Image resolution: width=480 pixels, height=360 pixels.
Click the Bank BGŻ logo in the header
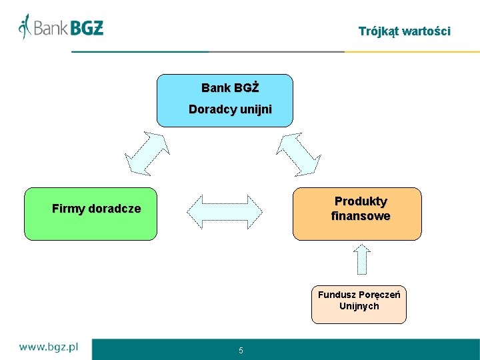coord(61,27)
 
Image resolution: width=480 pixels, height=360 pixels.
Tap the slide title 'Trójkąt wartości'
coord(404,31)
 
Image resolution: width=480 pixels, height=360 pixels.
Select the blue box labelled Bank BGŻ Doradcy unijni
coord(225,100)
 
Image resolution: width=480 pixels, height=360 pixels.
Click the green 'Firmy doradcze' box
coord(91,213)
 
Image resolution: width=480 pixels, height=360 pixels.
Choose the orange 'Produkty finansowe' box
coord(357,213)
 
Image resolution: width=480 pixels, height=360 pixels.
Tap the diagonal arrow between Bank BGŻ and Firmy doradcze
coord(147,153)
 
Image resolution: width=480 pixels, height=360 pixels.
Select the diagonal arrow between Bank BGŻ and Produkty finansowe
coord(299,153)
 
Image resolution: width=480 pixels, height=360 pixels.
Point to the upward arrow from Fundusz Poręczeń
coord(361,259)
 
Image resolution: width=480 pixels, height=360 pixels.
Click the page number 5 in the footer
coord(241,351)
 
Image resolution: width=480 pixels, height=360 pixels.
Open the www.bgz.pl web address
coord(49,347)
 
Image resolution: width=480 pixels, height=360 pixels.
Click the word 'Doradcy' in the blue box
coord(209,109)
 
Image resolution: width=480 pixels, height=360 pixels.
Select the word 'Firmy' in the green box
coord(68,209)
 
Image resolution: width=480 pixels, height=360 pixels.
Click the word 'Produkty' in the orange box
coord(361,201)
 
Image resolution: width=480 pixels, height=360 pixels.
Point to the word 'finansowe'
coord(361,216)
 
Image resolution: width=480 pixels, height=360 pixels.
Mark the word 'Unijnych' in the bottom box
coord(359,306)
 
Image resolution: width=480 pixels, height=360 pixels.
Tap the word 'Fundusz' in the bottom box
coord(337,295)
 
